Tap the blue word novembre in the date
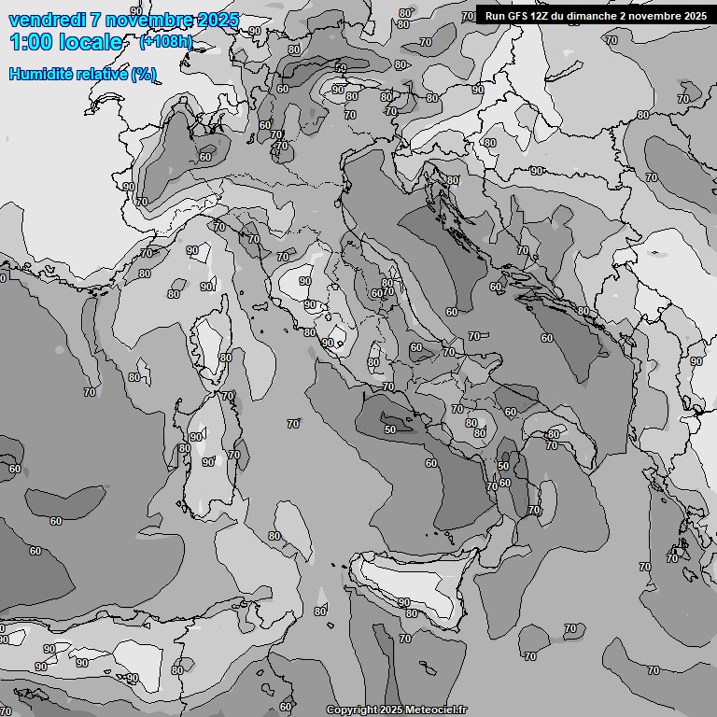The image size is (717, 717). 148,21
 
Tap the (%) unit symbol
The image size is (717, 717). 144,74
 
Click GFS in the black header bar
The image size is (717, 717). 520,16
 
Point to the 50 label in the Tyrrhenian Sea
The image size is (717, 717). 390,429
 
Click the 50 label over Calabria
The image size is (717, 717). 503,466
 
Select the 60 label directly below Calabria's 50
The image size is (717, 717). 505,483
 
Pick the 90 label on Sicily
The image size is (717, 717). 404,603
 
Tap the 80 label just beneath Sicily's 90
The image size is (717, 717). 412,614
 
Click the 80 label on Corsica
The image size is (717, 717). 225,358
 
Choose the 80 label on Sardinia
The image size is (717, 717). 185,449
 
